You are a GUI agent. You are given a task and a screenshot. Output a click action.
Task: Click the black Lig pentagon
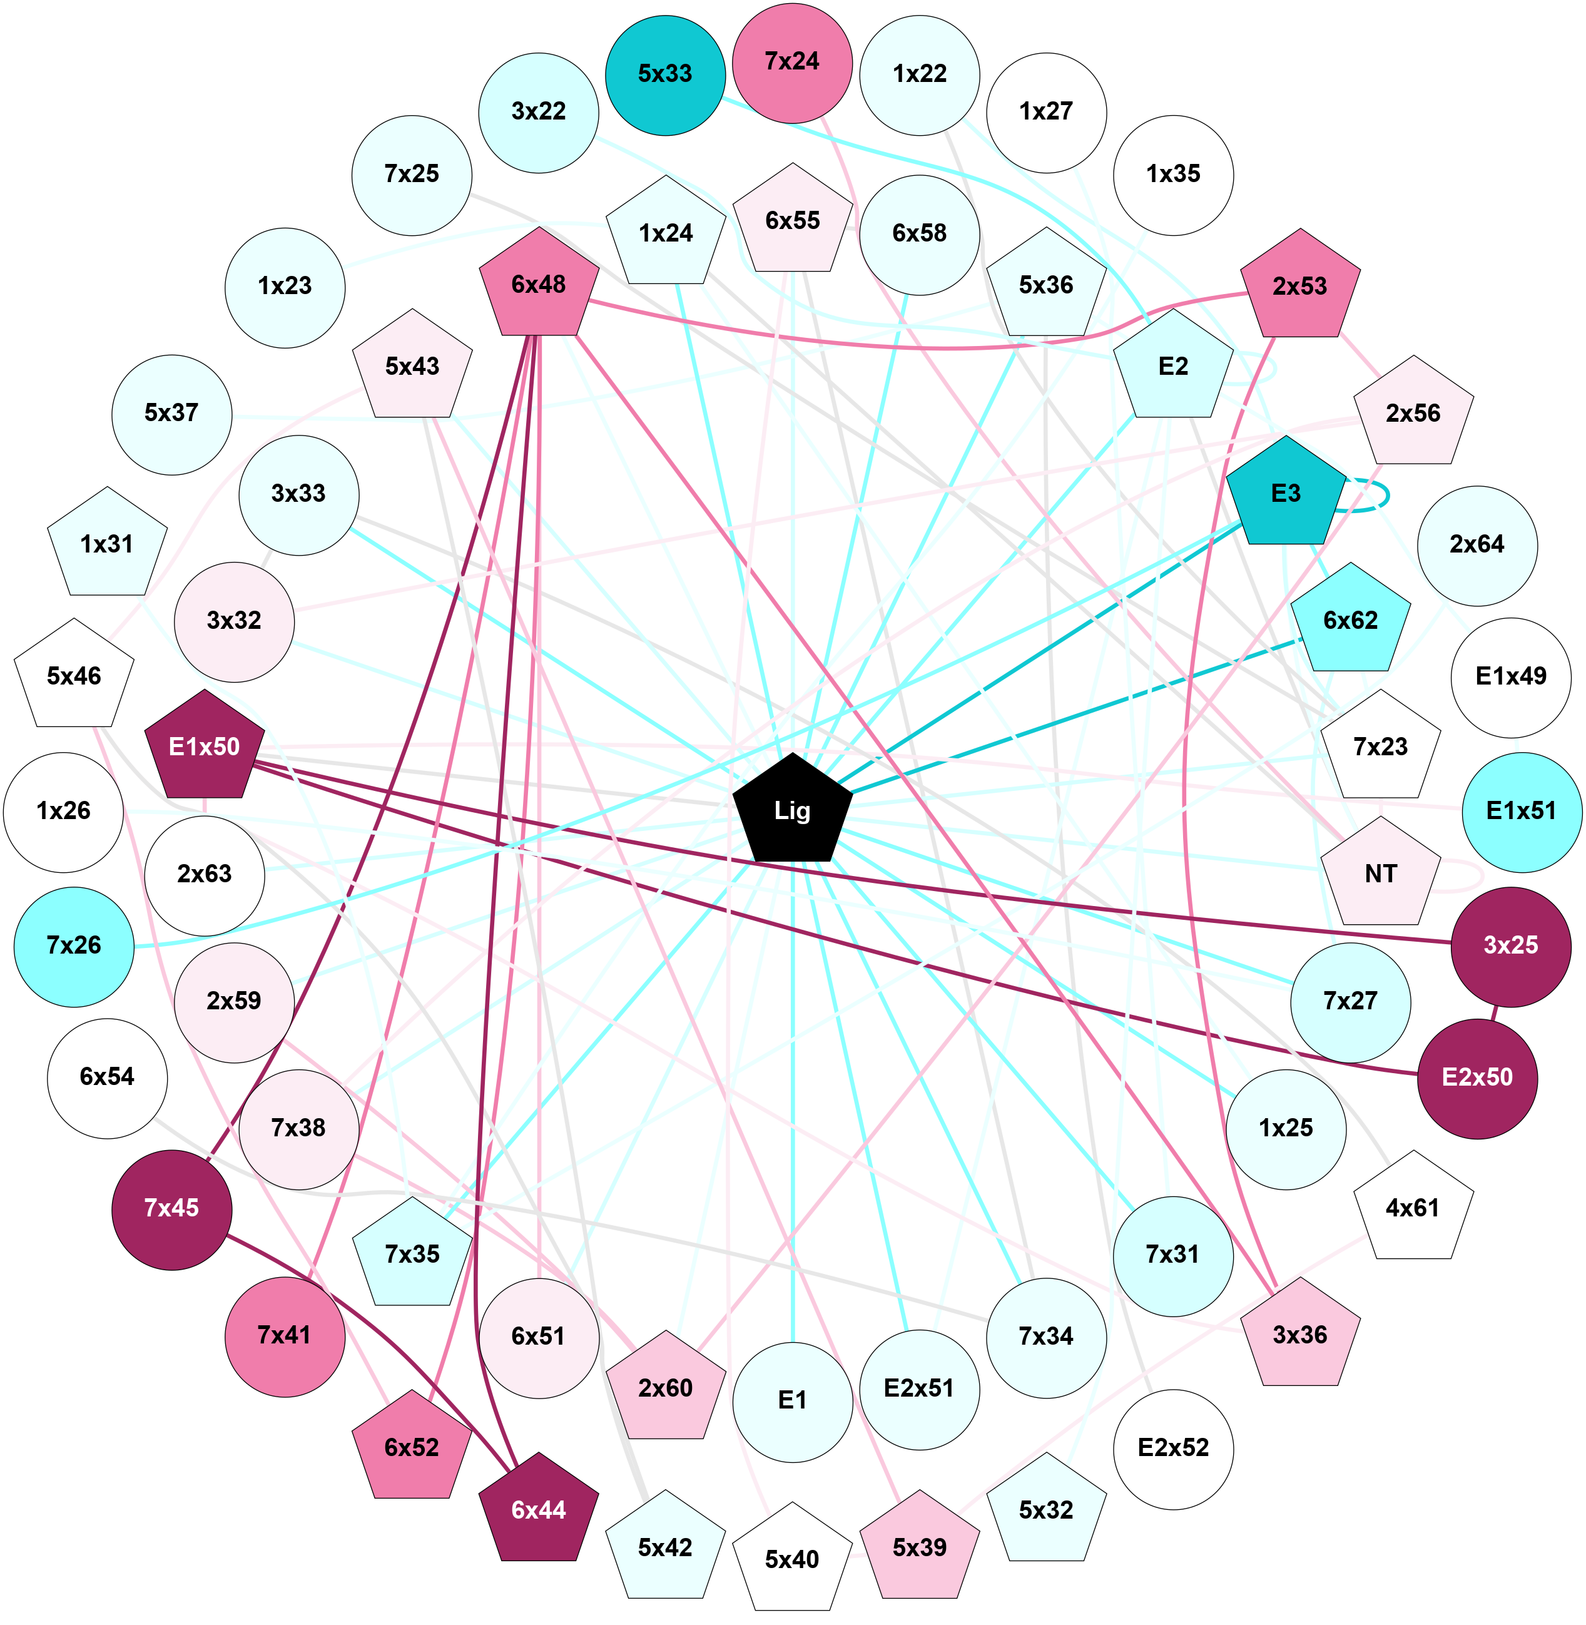792,810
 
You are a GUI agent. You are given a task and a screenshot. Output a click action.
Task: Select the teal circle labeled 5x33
664,74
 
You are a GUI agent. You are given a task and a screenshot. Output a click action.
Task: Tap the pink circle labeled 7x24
792,62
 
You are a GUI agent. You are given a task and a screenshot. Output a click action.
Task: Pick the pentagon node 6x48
539,285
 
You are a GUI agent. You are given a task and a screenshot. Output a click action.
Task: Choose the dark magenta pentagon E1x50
204,747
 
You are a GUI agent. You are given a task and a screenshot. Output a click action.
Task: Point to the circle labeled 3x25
1510,945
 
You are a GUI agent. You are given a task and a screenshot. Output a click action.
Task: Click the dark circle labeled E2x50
1477,1077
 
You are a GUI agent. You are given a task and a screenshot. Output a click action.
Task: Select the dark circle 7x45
171,1208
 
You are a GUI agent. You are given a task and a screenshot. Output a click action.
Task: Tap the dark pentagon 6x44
539,1510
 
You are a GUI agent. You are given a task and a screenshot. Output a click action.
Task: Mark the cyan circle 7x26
74,945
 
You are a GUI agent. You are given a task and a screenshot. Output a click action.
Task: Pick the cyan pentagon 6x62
1350,621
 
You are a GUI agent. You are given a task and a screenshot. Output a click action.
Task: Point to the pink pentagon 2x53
1299,287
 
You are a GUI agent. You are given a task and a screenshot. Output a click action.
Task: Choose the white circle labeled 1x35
1173,174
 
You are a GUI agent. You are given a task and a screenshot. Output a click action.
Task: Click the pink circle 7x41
284,1335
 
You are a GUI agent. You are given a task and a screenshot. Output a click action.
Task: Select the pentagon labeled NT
1380,874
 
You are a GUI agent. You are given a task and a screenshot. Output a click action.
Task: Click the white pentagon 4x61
1413,1208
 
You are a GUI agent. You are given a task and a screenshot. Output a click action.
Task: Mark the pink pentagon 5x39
919,1547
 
